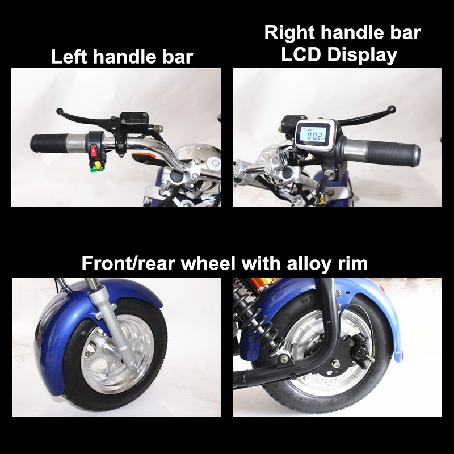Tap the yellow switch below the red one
click(x=97, y=165)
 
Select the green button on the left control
click(x=93, y=169)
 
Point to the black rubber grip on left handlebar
click(x=49, y=143)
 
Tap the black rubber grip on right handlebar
click(x=392, y=152)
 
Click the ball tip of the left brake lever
click(x=60, y=111)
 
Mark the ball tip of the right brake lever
click(x=391, y=109)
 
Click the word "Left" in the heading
click(x=69, y=56)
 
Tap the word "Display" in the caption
click(x=362, y=55)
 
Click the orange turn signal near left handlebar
click(x=144, y=157)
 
